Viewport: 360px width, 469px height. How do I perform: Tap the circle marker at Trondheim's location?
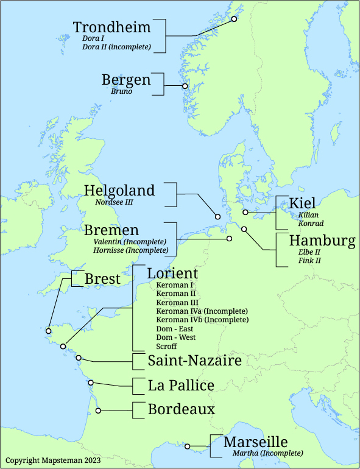click(234, 19)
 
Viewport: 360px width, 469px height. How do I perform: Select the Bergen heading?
click(126, 80)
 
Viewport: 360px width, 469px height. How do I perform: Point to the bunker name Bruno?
click(121, 92)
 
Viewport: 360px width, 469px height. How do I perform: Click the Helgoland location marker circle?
click(217, 216)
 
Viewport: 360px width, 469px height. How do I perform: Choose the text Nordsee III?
click(114, 202)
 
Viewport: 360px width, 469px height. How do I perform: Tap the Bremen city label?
click(111, 230)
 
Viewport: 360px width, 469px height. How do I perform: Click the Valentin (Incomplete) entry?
click(130, 242)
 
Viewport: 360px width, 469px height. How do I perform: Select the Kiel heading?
click(302, 203)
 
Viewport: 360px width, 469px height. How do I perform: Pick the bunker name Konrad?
click(311, 224)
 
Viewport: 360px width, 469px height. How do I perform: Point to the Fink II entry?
click(309, 261)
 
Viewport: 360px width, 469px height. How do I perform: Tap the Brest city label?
click(102, 278)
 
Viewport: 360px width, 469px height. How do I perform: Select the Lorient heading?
click(172, 273)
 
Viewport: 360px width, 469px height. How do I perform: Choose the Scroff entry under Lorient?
click(166, 346)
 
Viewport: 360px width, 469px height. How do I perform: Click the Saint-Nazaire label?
click(194, 361)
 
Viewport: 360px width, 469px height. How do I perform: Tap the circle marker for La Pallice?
click(91, 383)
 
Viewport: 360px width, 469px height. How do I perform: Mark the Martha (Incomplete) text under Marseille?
click(267, 453)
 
